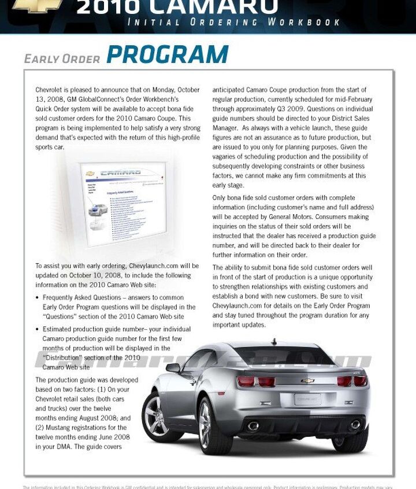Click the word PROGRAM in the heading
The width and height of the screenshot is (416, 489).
(x=168, y=54)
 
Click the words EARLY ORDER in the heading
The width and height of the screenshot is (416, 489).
(x=62, y=59)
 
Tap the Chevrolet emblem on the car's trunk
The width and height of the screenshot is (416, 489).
(x=307, y=381)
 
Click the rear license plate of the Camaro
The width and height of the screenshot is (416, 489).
(x=307, y=399)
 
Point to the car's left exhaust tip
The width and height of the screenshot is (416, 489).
(x=253, y=426)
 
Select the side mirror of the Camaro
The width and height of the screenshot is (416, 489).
(x=173, y=367)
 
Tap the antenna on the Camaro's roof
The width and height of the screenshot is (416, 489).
(x=274, y=341)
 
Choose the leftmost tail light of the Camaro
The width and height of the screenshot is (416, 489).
(x=246, y=381)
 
